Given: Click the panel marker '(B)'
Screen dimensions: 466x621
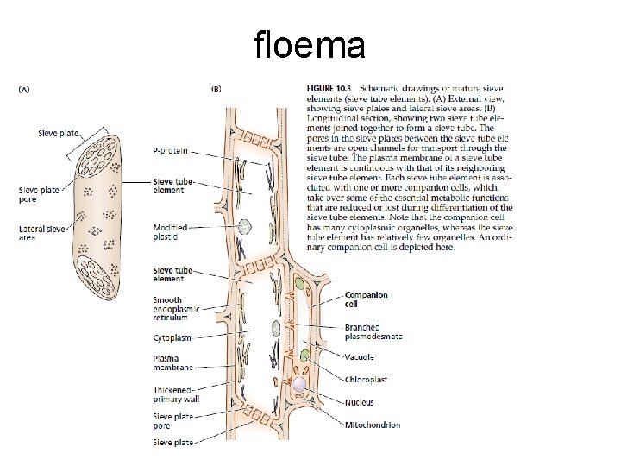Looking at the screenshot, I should (x=216, y=87).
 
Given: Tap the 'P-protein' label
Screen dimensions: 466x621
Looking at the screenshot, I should (x=170, y=150).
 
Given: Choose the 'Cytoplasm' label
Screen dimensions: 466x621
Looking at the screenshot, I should (x=172, y=337).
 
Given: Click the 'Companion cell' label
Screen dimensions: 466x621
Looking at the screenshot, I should (x=367, y=299).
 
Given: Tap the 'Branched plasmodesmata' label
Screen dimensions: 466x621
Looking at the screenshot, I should (x=373, y=332).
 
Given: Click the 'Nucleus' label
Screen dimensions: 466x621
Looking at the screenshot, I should (x=360, y=402).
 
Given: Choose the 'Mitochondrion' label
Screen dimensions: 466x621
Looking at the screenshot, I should (x=373, y=425).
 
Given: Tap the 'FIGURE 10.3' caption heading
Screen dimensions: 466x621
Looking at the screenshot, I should (x=329, y=88).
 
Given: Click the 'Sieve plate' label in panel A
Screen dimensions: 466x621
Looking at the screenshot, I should (x=58, y=134).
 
